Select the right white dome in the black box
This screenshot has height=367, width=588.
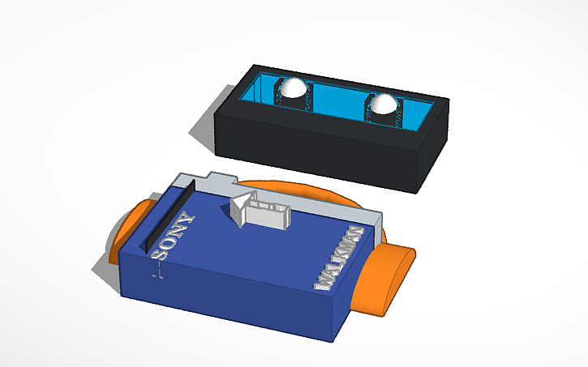(x=383, y=102)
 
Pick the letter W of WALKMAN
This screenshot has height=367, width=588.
(x=323, y=283)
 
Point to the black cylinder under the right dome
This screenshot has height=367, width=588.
(x=383, y=117)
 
